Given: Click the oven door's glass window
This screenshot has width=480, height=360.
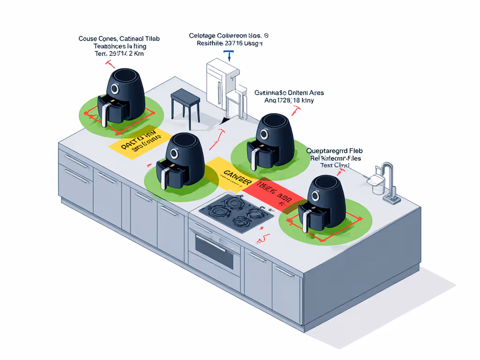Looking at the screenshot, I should (214, 252).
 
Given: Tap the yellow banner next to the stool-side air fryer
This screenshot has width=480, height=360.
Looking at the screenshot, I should (139, 141).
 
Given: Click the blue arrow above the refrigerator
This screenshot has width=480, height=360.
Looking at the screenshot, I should (229, 56).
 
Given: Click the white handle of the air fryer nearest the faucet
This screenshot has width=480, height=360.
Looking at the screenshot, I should (306, 220).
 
